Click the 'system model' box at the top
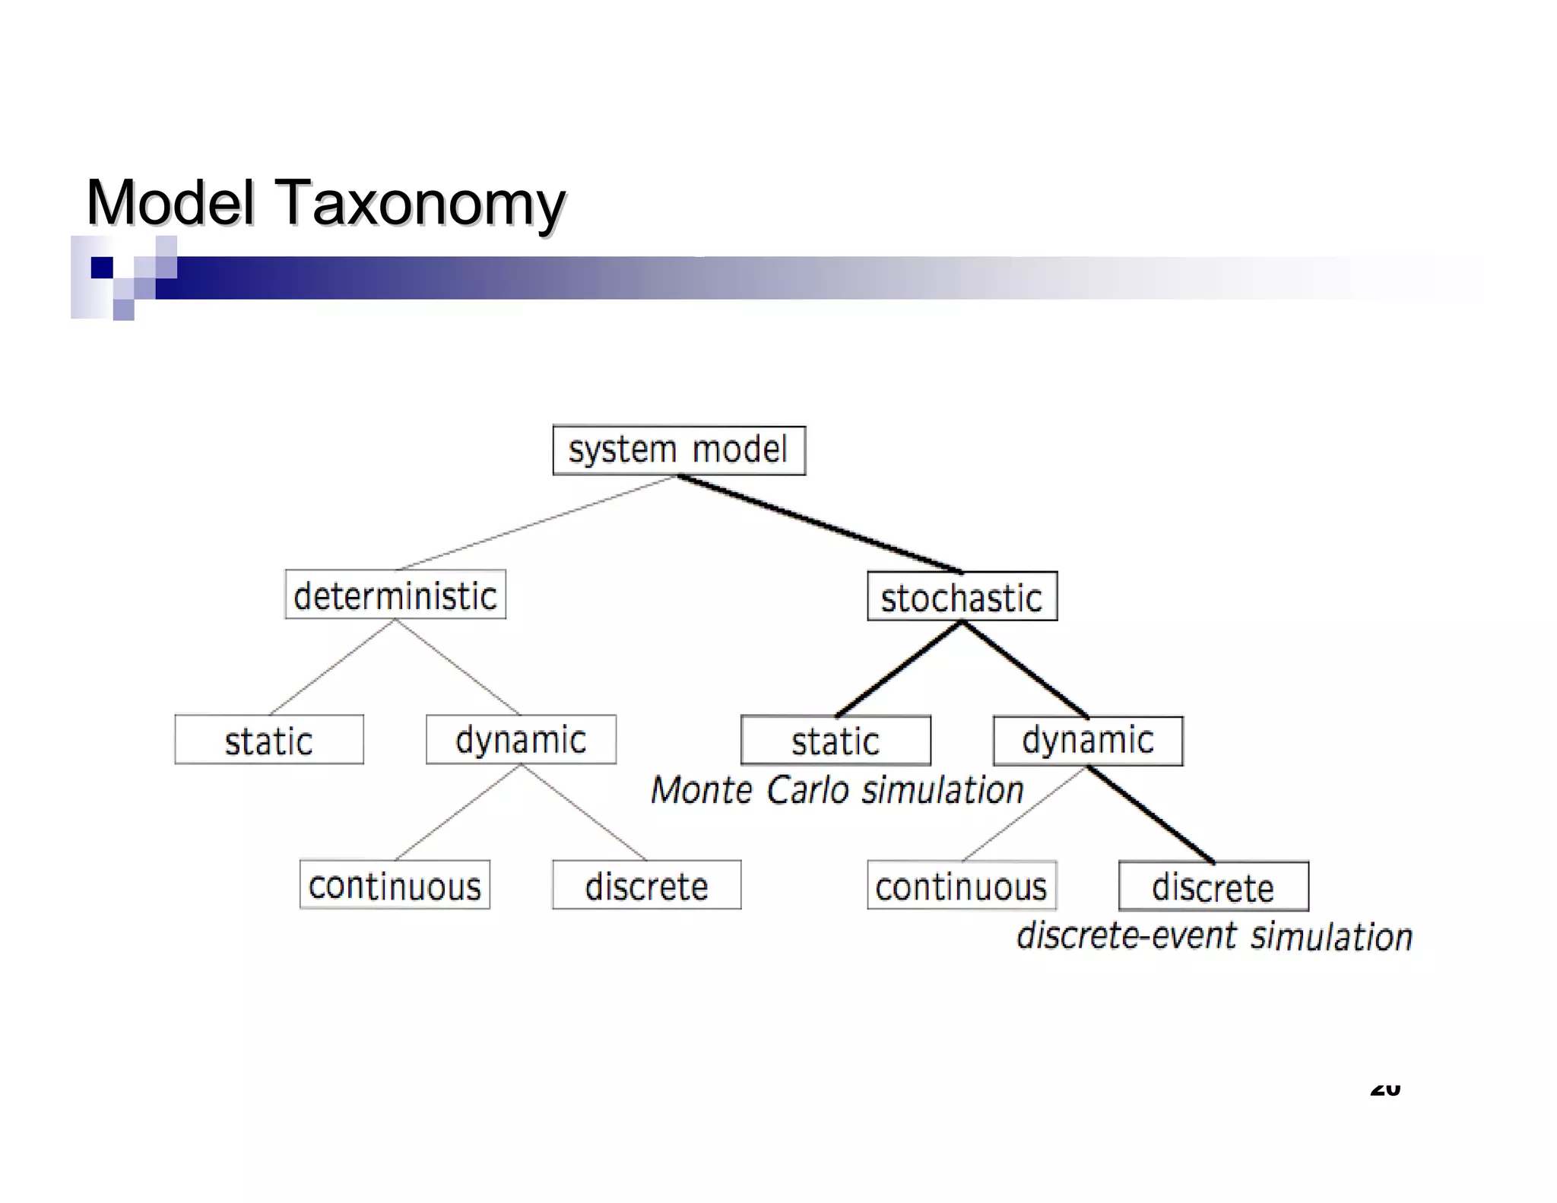point(678,450)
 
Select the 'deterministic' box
point(395,595)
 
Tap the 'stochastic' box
point(962,597)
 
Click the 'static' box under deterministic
point(269,740)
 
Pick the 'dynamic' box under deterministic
point(521,740)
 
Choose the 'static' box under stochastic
point(836,741)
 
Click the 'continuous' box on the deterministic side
point(395,885)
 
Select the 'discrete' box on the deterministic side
point(646,885)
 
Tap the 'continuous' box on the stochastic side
point(962,886)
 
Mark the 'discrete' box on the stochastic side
point(1213,887)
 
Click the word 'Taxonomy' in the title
point(423,204)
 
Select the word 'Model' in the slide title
point(170,202)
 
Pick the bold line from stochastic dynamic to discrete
point(1150,814)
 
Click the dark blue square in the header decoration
point(102,268)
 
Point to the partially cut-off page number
point(1384,1090)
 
